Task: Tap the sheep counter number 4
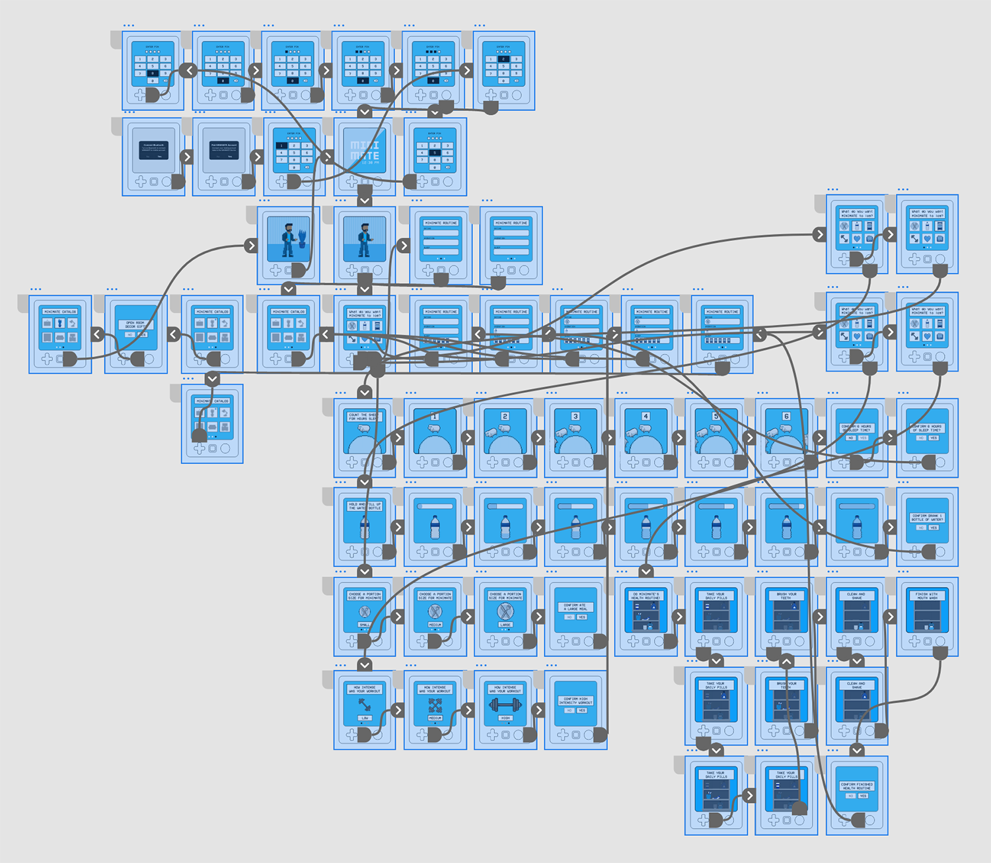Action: coord(645,416)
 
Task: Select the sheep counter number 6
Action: coord(786,416)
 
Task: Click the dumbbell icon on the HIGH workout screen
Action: coord(505,705)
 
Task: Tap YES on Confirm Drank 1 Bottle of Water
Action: coord(934,528)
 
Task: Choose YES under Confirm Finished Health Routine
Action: coord(863,796)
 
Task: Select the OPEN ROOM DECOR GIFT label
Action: coord(135,325)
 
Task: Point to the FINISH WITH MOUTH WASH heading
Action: coord(926,596)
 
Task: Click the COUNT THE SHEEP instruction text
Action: coord(363,417)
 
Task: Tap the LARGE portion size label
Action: coord(505,624)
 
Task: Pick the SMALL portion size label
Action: coord(365,624)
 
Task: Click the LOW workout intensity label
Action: coord(365,718)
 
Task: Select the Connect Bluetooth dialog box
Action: coord(153,150)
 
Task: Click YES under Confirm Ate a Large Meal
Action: coord(582,617)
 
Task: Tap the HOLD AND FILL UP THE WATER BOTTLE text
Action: coord(365,506)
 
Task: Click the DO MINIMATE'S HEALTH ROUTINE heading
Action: coord(645,596)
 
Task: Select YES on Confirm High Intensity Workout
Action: coord(582,710)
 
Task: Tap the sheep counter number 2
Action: coord(505,416)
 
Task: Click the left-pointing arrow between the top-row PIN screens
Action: coord(190,70)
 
